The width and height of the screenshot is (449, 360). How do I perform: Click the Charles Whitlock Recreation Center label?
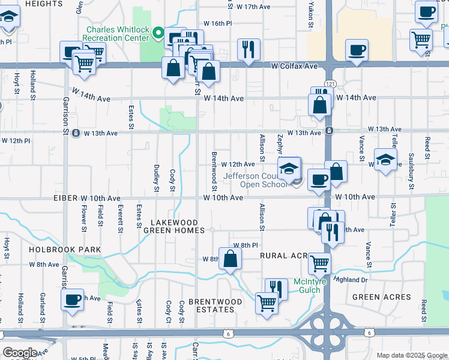(117, 33)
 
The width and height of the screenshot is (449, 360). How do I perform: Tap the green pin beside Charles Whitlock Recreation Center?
(158, 32)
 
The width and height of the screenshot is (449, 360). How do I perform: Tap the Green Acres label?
(382, 297)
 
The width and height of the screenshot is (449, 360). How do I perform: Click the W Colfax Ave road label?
(294, 66)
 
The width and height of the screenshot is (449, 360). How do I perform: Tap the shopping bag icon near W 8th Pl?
(230, 259)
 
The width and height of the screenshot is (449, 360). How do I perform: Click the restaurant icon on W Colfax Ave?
(248, 50)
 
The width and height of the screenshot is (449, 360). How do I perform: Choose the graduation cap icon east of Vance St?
(384, 160)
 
